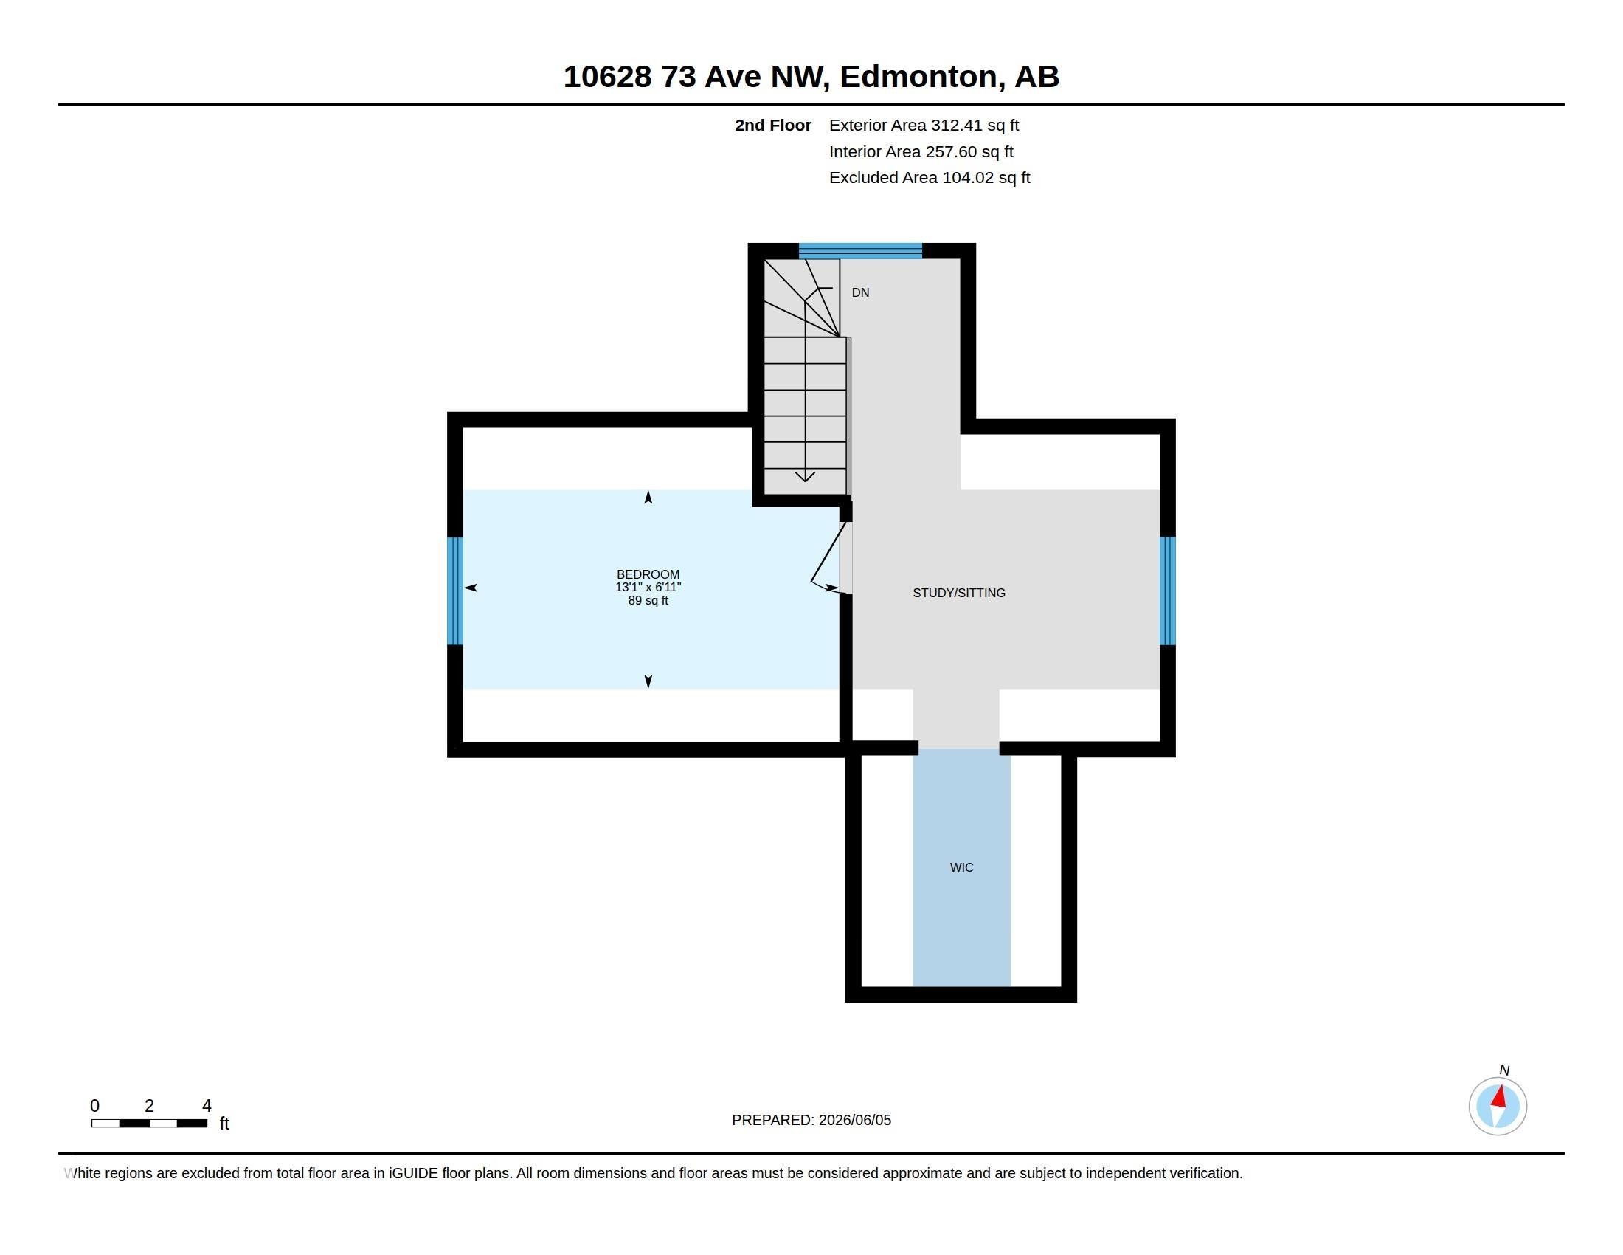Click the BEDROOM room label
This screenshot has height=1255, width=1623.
pyautogui.click(x=648, y=574)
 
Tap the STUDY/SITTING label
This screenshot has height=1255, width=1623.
pyautogui.click(x=958, y=593)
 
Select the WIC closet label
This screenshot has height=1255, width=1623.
pyautogui.click(x=961, y=867)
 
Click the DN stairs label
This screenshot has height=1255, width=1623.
pyautogui.click(x=860, y=293)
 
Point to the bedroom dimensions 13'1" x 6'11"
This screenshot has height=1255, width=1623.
pyautogui.click(x=648, y=588)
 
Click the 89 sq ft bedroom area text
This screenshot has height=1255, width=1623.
pyautogui.click(x=648, y=601)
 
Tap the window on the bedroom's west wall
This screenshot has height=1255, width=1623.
pyautogui.click(x=454, y=591)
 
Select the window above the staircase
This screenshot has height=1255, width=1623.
pyautogui.click(x=860, y=250)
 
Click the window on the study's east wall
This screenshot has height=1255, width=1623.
pyautogui.click(x=1168, y=591)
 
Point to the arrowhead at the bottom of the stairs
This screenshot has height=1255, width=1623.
pyautogui.click(x=805, y=477)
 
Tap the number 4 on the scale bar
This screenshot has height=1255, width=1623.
pyautogui.click(x=207, y=1106)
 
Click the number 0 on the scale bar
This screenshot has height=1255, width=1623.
pyautogui.click(x=94, y=1106)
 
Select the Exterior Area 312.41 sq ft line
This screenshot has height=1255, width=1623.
pyautogui.click(x=924, y=125)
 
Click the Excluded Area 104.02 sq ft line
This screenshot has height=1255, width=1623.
pyautogui.click(x=930, y=178)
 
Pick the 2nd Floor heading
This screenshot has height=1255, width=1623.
pyautogui.click(x=773, y=125)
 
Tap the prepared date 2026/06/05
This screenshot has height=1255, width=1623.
pyautogui.click(x=854, y=1121)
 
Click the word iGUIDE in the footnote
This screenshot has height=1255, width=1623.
pyautogui.click(x=413, y=1174)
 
